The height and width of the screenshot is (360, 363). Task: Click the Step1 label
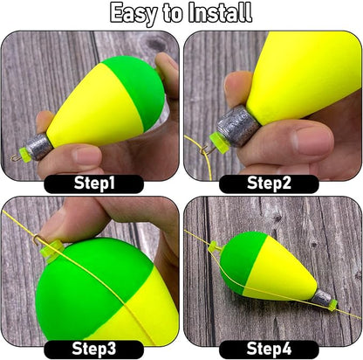click(93, 183)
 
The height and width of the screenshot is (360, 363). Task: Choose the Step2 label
click(269, 183)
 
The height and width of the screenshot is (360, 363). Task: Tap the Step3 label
click(93, 349)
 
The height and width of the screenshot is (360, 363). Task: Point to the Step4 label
click(269, 349)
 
